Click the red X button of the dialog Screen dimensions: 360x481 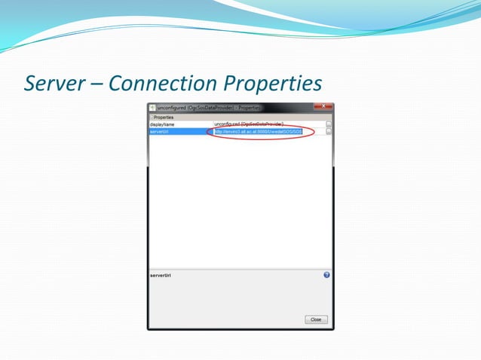(322, 107)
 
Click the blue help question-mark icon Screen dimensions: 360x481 (326, 275)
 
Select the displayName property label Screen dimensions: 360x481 (162, 124)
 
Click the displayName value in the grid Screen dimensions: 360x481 (249, 124)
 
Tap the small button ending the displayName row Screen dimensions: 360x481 (329, 124)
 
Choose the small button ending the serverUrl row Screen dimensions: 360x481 (329, 131)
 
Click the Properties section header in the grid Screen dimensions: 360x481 (164, 117)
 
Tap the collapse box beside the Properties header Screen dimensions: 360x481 (151, 117)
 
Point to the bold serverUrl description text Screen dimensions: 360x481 (160, 276)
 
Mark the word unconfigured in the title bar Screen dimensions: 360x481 (172, 108)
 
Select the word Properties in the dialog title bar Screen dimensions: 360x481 (250, 108)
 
